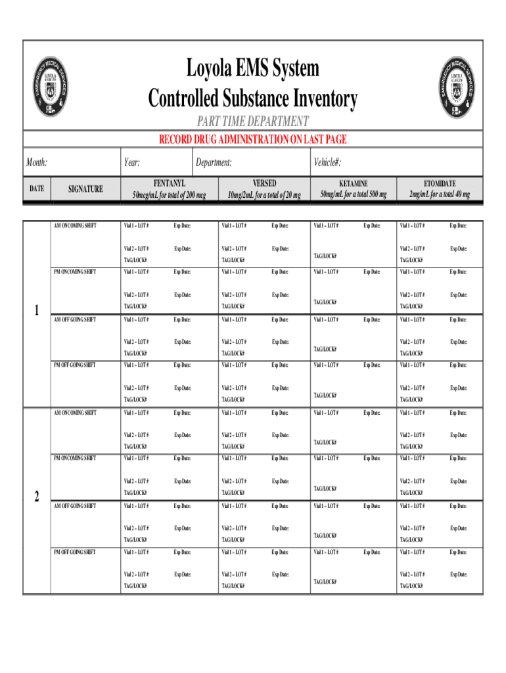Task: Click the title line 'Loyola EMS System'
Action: pos(253,69)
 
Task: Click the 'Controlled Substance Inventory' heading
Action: pos(253,99)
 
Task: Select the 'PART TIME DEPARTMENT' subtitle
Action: pos(253,122)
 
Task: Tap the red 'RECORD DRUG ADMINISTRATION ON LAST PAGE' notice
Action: pos(253,139)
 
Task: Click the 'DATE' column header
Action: pos(37,189)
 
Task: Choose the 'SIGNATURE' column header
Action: pos(85,189)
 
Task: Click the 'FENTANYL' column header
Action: pos(169,183)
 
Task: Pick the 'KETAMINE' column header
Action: pos(354,183)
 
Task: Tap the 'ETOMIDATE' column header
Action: pos(439,183)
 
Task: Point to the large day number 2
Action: pos(37,498)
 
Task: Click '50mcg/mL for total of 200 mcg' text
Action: pos(169,195)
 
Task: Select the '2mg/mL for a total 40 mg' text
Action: pos(439,195)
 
